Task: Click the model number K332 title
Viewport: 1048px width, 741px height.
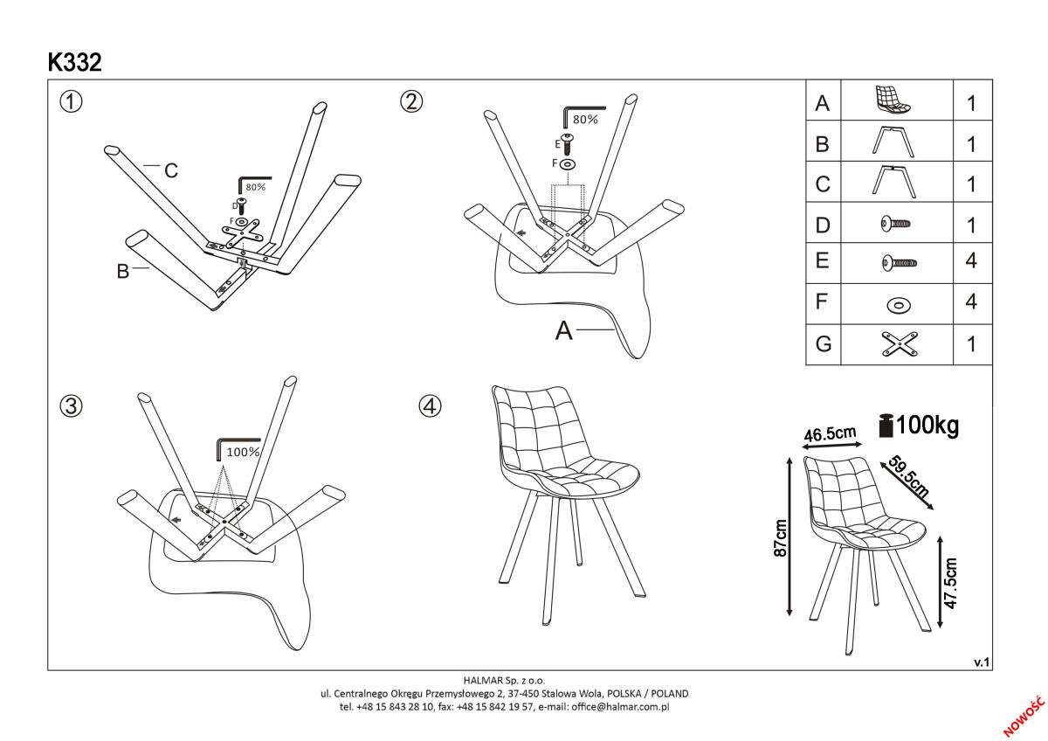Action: click(x=75, y=63)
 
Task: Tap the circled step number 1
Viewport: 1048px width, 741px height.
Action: click(x=71, y=101)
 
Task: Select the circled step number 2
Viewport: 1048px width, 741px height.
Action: click(x=411, y=101)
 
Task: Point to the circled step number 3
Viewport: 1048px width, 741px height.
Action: click(x=71, y=406)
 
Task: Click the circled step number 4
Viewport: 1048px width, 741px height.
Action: click(x=429, y=406)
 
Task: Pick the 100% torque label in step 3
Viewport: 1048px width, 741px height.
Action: click(x=243, y=452)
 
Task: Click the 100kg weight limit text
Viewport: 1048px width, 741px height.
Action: click(x=927, y=426)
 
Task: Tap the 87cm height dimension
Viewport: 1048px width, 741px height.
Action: click(x=782, y=537)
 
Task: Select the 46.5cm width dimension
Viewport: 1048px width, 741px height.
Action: click(x=829, y=433)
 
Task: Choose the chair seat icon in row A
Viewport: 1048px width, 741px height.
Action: click(x=893, y=100)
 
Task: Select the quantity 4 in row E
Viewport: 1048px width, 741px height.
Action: click(x=970, y=262)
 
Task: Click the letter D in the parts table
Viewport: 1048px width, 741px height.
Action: click(x=822, y=225)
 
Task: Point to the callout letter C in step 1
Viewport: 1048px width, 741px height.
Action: click(x=172, y=171)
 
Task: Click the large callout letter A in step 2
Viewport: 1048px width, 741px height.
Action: click(x=565, y=331)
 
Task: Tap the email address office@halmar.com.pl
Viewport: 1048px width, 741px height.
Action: click(x=621, y=706)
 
